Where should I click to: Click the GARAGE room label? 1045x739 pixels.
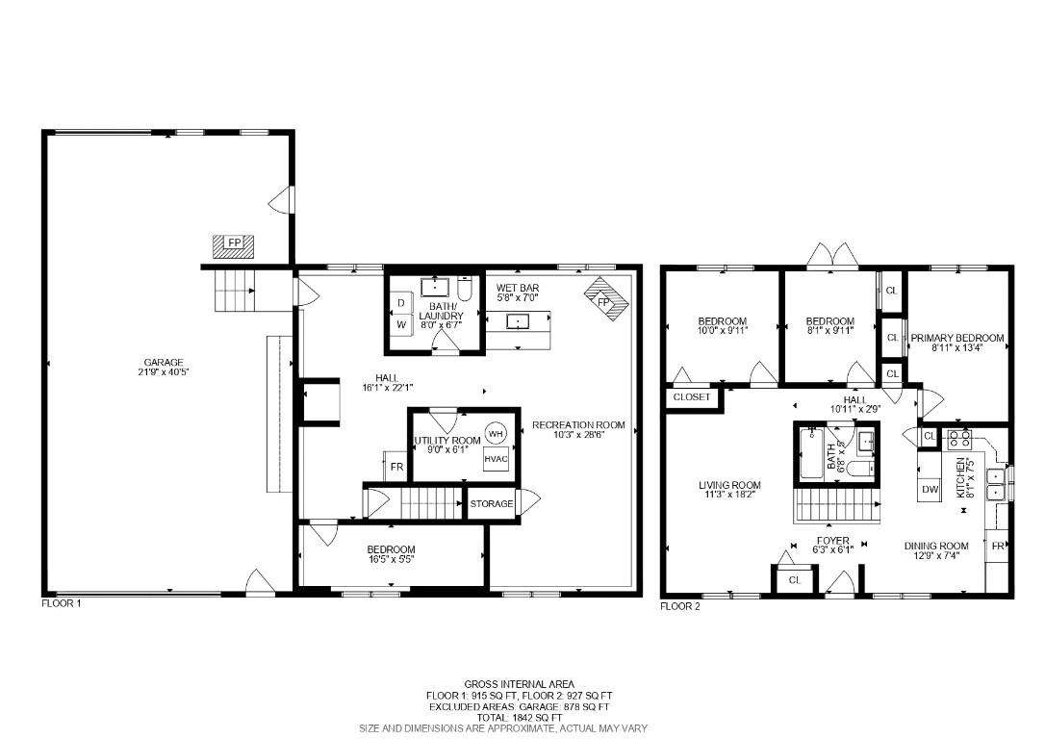tap(164, 363)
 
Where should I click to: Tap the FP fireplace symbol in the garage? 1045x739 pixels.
tap(234, 246)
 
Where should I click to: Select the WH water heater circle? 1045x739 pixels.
tap(496, 434)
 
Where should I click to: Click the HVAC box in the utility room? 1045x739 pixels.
tap(496, 459)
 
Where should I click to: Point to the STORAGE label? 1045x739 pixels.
tap(492, 504)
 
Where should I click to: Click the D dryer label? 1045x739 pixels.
tap(401, 302)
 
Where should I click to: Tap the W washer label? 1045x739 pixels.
tap(401, 325)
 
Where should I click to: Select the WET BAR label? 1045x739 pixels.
tap(517, 288)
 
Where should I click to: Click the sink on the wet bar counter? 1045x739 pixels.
tap(517, 321)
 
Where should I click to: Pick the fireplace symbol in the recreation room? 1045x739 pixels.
tap(605, 299)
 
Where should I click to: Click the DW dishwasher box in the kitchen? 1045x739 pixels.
tap(930, 489)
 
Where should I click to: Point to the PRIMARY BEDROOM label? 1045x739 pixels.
tap(957, 338)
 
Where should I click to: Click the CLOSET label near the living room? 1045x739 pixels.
tap(692, 397)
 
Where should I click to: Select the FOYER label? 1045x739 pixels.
tap(833, 541)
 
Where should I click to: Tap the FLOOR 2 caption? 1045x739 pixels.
tap(679, 606)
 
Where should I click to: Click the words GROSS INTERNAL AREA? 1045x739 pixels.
tap(520, 684)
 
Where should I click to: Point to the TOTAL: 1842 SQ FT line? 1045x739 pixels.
tap(520, 718)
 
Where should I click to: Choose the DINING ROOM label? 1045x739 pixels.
tap(935, 546)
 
